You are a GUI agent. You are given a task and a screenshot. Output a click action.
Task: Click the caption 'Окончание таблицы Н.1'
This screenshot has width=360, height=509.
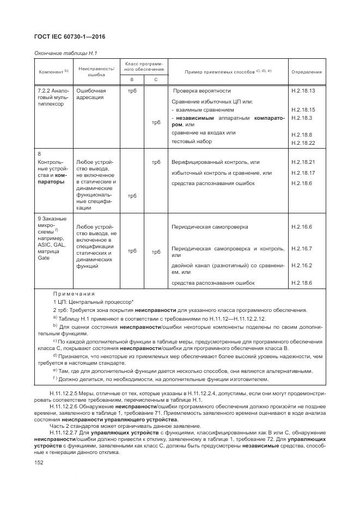[66, 53]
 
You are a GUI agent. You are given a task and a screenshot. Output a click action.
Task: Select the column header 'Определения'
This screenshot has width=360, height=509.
[306, 72]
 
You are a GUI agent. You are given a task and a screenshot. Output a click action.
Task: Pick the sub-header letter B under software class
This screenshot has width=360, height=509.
[131, 79]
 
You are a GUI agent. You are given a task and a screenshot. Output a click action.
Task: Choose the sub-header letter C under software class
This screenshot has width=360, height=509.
[156, 79]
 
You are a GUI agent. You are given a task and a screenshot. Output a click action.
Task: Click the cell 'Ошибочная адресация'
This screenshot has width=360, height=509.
[91, 94]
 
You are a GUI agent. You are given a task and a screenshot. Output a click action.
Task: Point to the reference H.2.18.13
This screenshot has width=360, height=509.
[303, 91]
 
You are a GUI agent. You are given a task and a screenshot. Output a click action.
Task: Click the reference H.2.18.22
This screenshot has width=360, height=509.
[303, 143]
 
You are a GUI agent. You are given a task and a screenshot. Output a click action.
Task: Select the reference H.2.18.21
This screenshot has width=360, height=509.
[303, 162]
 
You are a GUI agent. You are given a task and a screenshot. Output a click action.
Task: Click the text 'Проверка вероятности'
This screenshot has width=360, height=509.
[202, 91]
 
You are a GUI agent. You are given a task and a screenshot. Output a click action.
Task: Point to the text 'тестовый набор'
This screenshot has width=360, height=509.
[191, 142]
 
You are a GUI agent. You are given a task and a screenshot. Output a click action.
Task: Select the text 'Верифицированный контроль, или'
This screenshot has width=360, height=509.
[215, 162]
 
